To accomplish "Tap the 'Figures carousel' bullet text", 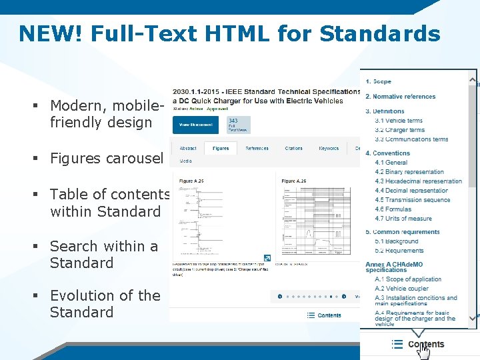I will click(x=107, y=159).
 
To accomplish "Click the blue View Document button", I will click(x=195, y=125).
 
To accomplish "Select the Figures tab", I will click(x=221, y=148).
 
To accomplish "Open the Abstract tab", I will click(x=188, y=148).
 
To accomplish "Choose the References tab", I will click(x=257, y=148).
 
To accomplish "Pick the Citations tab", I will click(x=293, y=148).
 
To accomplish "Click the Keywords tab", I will click(x=329, y=148).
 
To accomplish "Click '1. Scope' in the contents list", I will click(x=378, y=81).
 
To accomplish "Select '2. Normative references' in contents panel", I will click(x=400, y=97).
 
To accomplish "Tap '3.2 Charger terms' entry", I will click(x=399, y=130).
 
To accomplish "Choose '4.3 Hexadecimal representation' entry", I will click(x=418, y=181).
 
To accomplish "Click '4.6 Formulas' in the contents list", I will click(x=393, y=209).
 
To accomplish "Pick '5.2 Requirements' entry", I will click(x=399, y=251).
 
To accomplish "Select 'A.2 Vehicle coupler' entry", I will click(x=401, y=289).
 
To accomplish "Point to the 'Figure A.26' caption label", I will click(x=293, y=181).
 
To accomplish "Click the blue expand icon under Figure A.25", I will click(x=267, y=258).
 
